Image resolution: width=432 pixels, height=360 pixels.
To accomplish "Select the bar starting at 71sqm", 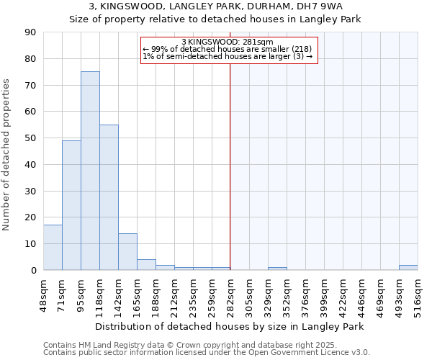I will (x=71, y=205).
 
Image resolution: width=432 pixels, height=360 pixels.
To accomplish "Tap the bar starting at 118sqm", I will (x=109, y=197).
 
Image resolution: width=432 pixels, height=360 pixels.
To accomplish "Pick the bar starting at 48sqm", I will (x=53, y=248).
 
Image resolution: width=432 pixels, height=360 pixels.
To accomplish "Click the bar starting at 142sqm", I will (x=127, y=252).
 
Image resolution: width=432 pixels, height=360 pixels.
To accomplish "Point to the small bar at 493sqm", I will (x=408, y=268).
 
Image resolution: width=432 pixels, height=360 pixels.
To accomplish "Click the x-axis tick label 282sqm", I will (x=231, y=294).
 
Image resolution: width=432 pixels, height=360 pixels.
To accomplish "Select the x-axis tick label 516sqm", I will (x=418, y=294).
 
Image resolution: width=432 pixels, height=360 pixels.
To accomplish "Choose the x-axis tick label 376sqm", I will (x=306, y=294).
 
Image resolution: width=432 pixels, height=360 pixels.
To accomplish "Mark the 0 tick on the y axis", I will (x=33, y=270).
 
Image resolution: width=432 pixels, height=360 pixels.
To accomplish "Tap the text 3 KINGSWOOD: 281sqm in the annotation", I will (x=228, y=42).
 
